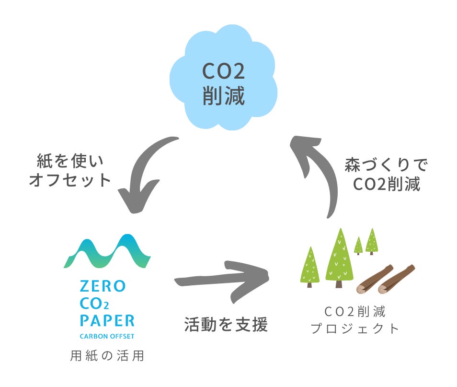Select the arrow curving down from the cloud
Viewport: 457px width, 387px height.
(x=144, y=173)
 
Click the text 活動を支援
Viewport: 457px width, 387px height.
(x=226, y=325)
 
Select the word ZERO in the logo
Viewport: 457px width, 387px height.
(x=102, y=287)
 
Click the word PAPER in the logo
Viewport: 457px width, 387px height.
(x=107, y=320)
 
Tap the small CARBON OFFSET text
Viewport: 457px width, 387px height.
(x=107, y=336)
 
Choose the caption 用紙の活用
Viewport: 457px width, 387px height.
(x=107, y=357)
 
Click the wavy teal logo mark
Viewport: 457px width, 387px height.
(x=107, y=252)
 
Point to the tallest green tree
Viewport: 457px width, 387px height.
(x=340, y=257)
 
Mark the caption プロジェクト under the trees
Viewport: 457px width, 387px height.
(x=355, y=329)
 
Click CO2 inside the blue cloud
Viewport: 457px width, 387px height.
(x=223, y=72)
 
